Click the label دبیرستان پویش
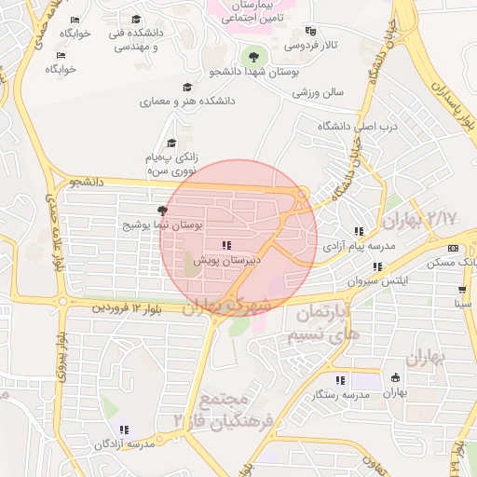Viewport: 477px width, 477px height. click(227, 262)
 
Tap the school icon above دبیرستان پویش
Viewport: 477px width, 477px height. click(227, 246)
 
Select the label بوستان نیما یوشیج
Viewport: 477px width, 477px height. click(163, 226)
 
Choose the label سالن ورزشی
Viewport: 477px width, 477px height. click(319, 93)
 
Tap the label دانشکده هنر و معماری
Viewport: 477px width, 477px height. click(187, 101)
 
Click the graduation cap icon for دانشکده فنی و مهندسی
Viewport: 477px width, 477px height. click(136, 20)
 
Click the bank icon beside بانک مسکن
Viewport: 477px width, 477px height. click(453, 248)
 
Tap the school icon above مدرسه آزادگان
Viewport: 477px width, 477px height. click(123, 429)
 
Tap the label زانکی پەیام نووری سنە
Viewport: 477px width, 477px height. click(177, 165)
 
